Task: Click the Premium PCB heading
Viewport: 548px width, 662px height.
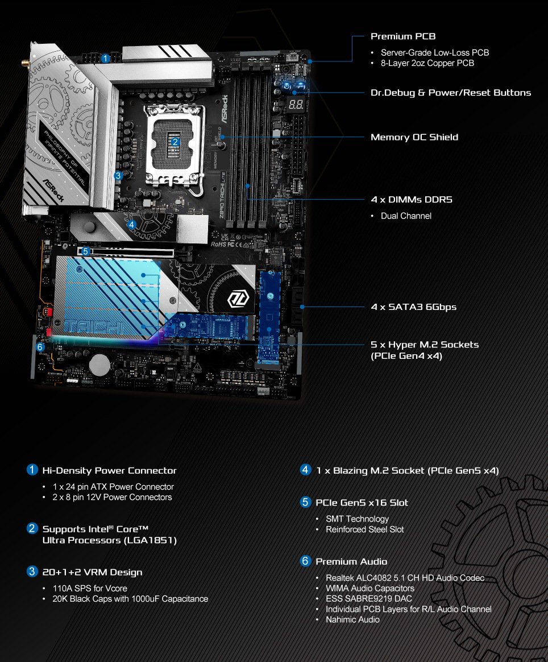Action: point(403,36)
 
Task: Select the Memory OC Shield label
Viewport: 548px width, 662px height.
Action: point(414,137)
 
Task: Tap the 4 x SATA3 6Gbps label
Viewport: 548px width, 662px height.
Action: point(413,307)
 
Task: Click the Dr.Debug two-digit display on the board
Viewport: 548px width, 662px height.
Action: point(296,104)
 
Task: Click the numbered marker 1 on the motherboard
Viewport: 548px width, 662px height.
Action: point(106,59)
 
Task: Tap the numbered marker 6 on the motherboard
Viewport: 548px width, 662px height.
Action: point(40,347)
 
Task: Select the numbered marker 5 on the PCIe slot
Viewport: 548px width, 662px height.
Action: point(86,251)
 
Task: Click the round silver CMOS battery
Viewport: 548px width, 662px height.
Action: point(99,363)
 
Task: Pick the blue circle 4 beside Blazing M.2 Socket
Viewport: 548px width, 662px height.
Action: point(305,470)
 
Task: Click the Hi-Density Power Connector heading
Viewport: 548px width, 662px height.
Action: point(109,470)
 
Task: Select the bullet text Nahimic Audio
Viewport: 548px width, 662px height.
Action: point(352,619)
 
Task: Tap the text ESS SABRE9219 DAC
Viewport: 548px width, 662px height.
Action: point(369,599)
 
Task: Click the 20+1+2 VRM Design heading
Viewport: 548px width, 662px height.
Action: point(93,572)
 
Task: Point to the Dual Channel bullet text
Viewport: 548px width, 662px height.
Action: point(406,216)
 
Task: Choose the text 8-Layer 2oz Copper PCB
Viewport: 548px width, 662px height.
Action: point(427,63)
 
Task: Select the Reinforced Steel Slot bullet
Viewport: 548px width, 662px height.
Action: point(364,529)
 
